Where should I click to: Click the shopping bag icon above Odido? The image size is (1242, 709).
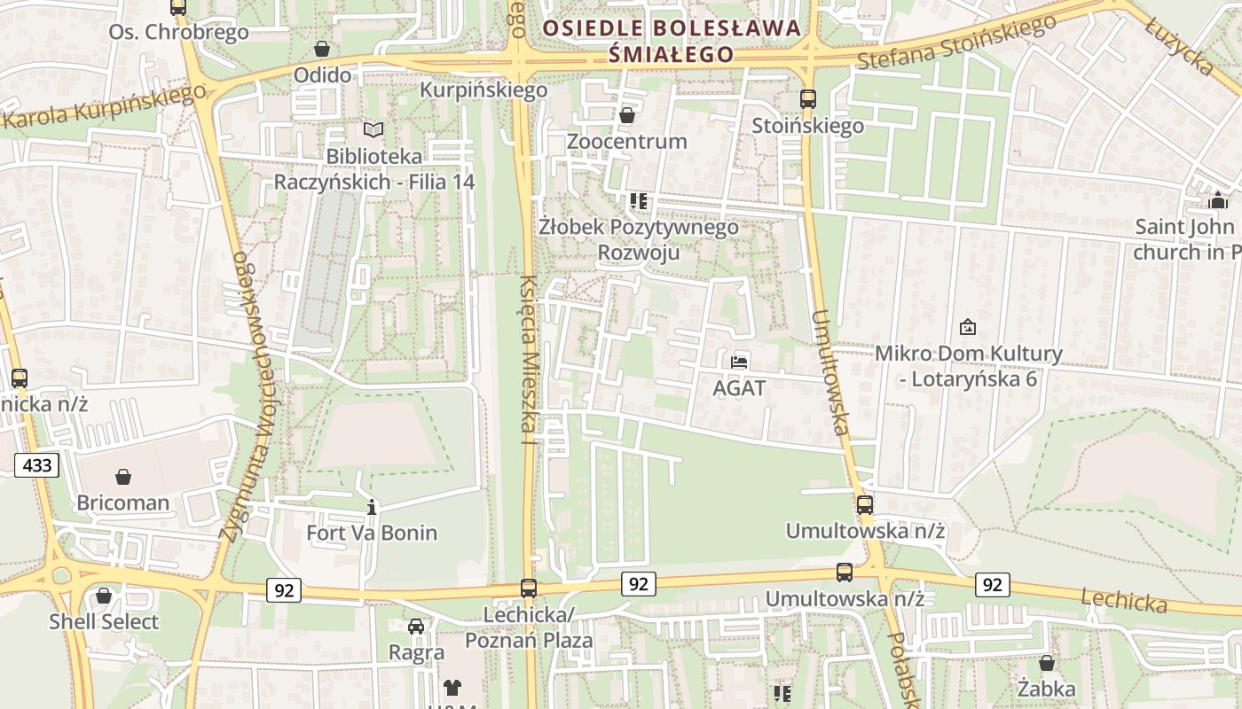pyautogui.click(x=322, y=49)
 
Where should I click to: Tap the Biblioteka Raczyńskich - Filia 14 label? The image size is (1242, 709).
pyautogui.click(x=374, y=169)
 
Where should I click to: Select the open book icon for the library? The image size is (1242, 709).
pyautogui.click(x=374, y=130)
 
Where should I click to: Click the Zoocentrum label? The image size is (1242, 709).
pyautogui.click(x=626, y=141)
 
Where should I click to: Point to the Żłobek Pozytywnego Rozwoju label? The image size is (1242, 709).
pyautogui.click(x=639, y=239)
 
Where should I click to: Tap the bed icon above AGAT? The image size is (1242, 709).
pyautogui.click(x=739, y=362)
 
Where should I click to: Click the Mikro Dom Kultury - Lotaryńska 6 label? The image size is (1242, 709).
pyautogui.click(x=968, y=366)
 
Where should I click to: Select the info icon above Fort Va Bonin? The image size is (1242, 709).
pyautogui.click(x=372, y=507)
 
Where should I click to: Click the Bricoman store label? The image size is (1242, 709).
pyautogui.click(x=122, y=503)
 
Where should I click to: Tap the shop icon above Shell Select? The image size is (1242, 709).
pyautogui.click(x=104, y=596)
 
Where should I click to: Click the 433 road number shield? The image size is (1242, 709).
pyautogui.click(x=36, y=465)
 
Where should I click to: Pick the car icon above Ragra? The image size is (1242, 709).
pyautogui.click(x=416, y=627)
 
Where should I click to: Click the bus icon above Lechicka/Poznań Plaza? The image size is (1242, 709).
pyautogui.click(x=529, y=588)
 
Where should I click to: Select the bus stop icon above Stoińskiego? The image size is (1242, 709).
pyautogui.click(x=807, y=99)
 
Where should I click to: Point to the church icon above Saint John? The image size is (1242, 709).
pyautogui.click(x=1217, y=200)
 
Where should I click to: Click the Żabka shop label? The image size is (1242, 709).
pyautogui.click(x=1047, y=688)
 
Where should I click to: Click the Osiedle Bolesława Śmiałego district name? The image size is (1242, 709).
pyautogui.click(x=672, y=41)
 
